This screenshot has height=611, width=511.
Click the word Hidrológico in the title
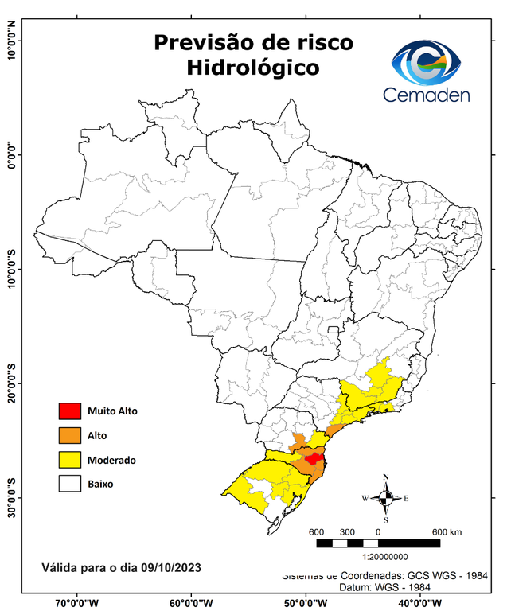[x=253, y=68]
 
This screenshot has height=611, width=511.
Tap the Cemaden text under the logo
[x=427, y=95]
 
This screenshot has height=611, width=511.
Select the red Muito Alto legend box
[x=69, y=411]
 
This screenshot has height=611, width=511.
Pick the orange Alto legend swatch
[x=69, y=435]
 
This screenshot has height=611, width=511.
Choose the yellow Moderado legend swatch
[x=69, y=460]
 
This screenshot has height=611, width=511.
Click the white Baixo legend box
[x=69, y=484]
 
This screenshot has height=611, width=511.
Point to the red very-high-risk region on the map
[x=313, y=458]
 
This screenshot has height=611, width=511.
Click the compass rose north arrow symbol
[x=386, y=498]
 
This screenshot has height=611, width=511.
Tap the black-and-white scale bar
[x=378, y=543]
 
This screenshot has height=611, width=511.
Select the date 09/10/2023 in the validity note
[x=170, y=567]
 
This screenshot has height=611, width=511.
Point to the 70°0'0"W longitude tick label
[x=77, y=603]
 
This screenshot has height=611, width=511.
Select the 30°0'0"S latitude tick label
[x=11, y=498]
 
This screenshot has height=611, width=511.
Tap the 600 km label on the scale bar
[x=447, y=531]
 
